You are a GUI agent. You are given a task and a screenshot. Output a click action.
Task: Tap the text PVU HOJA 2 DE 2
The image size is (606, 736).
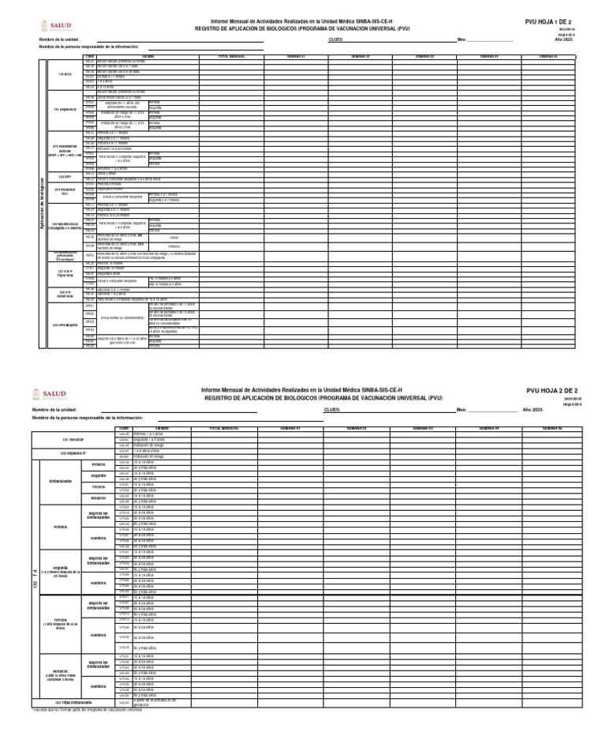(552, 390)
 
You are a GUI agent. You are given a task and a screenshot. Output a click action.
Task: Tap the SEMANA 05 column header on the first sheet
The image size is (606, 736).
(548, 57)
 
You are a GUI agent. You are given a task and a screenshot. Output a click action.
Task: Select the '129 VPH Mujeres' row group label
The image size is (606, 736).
(64, 325)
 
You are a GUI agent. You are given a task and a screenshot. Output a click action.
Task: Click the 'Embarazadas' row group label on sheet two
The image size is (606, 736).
(61, 480)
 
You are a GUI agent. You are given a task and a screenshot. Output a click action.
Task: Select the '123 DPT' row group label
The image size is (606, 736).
(64, 175)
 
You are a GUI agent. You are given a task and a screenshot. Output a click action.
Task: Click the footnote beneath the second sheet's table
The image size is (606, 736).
(87, 709)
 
